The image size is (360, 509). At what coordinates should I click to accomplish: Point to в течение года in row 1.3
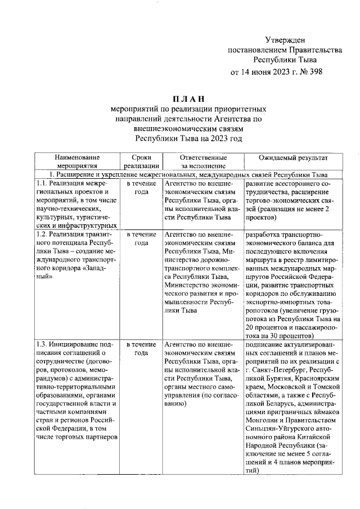point(141,348)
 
